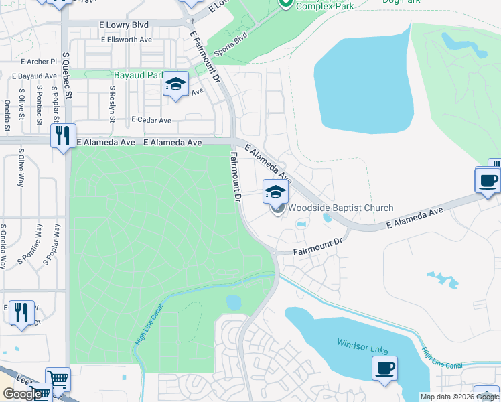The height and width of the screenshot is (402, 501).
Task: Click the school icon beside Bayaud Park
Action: (x=175, y=84)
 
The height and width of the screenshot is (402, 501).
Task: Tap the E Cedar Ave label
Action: (x=151, y=121)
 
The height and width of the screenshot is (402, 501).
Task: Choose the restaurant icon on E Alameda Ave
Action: (x=63, y=136)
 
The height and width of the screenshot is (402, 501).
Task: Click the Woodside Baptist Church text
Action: (x=340, y=208)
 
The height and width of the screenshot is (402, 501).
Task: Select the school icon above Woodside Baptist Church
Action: (x=275, y=192)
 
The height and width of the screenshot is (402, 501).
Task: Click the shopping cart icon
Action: (x=58, y=380)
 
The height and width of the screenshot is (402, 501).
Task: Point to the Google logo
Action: (x=21, y=394)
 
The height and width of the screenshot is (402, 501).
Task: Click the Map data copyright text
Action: (x=459, y=397)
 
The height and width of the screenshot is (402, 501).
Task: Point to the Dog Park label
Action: (x=401, y=2)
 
